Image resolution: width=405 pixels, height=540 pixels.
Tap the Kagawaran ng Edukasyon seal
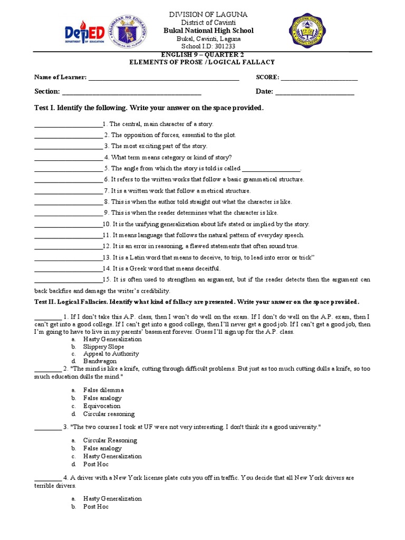tap(127, 31)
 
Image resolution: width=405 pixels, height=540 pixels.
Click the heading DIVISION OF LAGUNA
tap(207, 14)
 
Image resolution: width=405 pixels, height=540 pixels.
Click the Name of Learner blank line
tap(163, 78)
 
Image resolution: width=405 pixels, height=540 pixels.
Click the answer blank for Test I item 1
tap(69, 124)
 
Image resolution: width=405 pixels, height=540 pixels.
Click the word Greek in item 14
tap(138, 268)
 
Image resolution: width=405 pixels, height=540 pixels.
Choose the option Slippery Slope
tap(103, 347)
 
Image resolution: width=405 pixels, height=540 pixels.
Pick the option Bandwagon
tap(100, 362)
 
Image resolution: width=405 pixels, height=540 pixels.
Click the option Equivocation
tap(102, 406)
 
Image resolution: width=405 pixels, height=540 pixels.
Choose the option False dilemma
tap(103, 390)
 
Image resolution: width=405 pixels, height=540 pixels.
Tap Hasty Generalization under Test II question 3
tap(112, 456)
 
